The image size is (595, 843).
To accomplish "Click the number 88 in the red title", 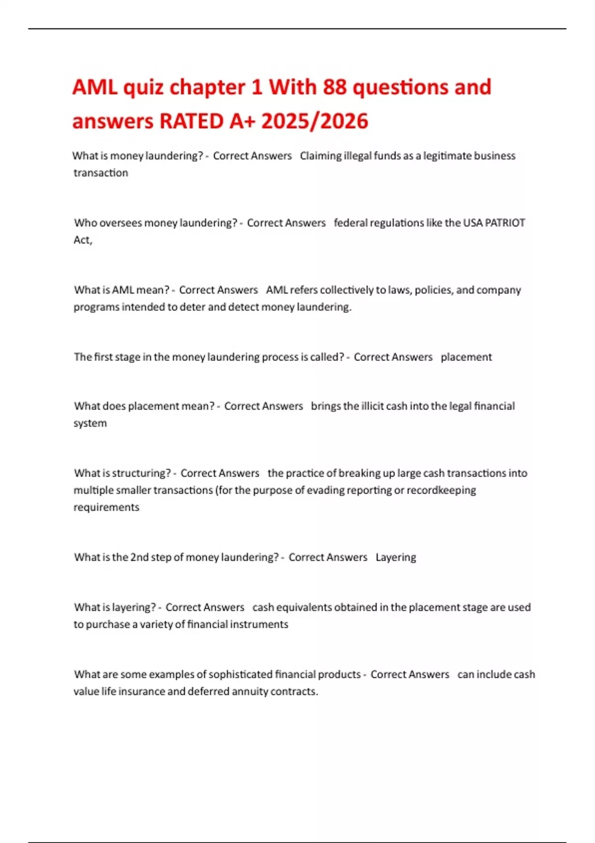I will (x=335, y=87).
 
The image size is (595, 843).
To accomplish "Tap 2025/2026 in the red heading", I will (x=314, y=121).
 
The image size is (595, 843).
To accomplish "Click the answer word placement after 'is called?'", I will (x=466, y=357).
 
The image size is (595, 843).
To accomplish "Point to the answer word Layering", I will (x=396, y=557).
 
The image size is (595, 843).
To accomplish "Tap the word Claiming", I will (x=321, y=156).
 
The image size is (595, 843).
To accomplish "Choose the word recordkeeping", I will (x=441, y=490).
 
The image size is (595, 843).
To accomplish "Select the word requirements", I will (x=106, y=507).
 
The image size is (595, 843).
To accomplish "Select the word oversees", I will (x=120, y=223).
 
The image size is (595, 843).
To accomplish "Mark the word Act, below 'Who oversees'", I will (x=83, y=240).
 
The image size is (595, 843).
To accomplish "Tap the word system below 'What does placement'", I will (x=90, y=423).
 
